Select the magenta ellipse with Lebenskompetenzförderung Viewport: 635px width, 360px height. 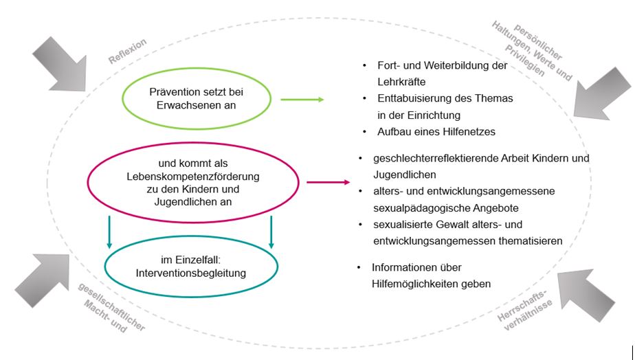pos(193,142)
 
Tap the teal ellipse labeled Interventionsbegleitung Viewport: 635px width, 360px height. pos(191,236)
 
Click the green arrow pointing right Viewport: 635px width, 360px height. pos(302,99)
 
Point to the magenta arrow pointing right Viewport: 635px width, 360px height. pos(328,182)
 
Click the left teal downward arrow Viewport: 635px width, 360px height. pos(109,232)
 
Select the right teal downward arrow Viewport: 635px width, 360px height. pos(271,232)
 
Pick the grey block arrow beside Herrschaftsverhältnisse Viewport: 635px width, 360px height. pos(586,295)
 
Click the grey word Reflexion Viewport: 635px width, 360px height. pos(127,52)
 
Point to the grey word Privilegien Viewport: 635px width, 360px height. pos(525,60)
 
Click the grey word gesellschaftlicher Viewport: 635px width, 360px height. pos(111,306)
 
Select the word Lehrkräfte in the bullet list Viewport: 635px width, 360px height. pos(401,82)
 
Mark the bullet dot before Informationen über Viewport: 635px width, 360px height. pos(359,267)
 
